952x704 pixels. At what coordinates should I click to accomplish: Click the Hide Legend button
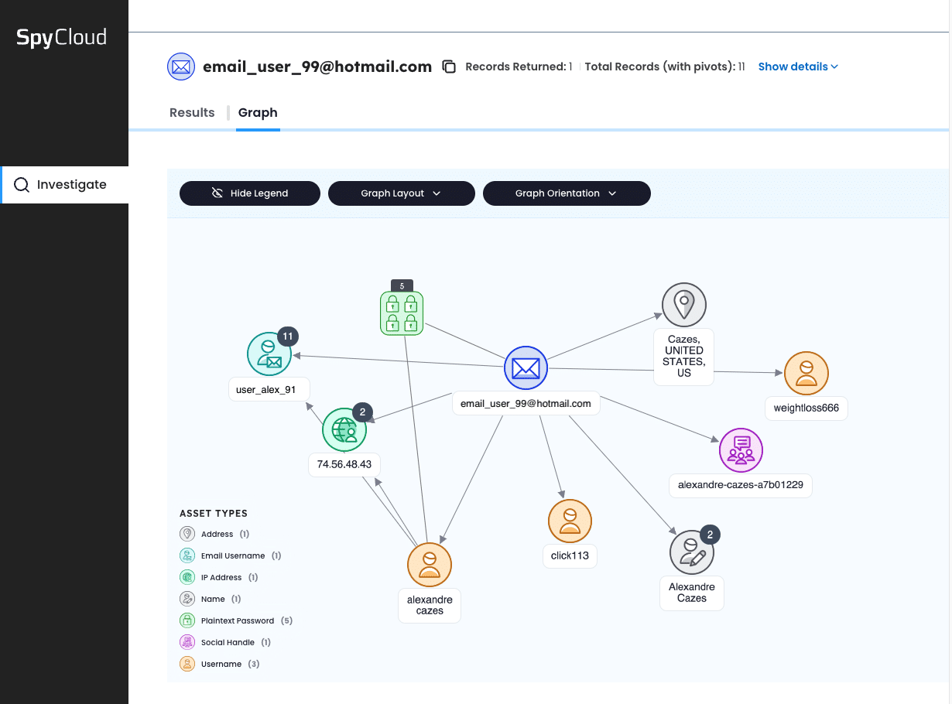pyautogui.click(x=249, y=193)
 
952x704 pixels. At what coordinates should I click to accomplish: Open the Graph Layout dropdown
pyautogui.click(x=401, y=193)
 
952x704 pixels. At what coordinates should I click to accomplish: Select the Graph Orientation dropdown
pyautogui.click(x=566, y=193)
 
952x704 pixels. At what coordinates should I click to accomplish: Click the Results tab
pyautogui.click(x=192, y=112)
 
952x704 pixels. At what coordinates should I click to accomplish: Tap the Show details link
pyautogui.click(x=798, y=67)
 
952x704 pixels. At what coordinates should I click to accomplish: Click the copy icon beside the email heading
pyautogui.click(x=449, y=67)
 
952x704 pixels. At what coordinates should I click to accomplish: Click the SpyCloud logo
pyautogui.click(x=62, y=37)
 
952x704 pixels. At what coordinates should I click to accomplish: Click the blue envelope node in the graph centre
pyautogui.click(x=526, y=368)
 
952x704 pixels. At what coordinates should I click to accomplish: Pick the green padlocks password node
pyautogui.click(x=402, y=313)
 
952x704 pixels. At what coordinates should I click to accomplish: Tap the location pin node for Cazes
pyautogui.click(x=684, y=305)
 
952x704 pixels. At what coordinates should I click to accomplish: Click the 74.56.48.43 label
pyautogui.click(x=344, y=464)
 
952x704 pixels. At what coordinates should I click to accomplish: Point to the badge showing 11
pyautogui.click(x=288, y=337)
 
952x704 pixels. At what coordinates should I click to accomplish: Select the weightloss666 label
pyautogui.click(x=806, y=408)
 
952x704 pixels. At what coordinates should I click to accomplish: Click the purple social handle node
pyautogui.click(x=741, y=449)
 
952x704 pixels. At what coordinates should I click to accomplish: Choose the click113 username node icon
pyautogui.click(x=570, y=521)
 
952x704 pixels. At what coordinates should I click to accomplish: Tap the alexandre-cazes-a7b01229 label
pyautogui.click(x=740, y=485)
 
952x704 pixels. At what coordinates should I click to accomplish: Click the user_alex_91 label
pyautogui.click(x=266, y=389)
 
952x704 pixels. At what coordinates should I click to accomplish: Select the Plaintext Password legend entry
pyautogui.click(x=237, y=620)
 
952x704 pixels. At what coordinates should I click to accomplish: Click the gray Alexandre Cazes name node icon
pyautogui.click(x=691, y=552)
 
